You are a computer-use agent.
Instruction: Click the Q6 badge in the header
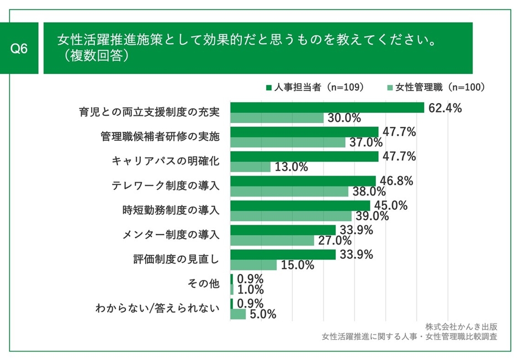click(20, 49)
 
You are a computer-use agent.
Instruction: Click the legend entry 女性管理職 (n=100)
click(436, 87)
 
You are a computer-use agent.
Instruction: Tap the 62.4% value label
click(444, 108)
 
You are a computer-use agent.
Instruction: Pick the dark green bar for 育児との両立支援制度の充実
click(327, 108)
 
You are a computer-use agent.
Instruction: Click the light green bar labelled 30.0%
click(277, 118)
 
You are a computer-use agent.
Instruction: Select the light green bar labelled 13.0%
click(250, 167)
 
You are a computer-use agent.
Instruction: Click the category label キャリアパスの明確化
click(166, 161)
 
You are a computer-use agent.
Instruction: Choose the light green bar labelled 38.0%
click(289, 192)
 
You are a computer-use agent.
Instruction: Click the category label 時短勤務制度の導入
click(171, 210)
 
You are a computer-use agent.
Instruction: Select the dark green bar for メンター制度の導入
click(283, 230)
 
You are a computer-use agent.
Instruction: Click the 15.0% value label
click(298, 265)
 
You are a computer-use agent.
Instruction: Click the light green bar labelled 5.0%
click(238, 314)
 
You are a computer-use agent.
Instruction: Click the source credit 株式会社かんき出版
click(461, 326)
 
